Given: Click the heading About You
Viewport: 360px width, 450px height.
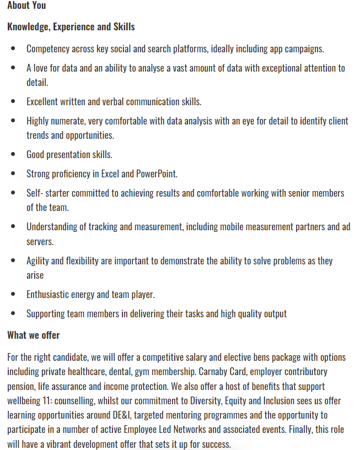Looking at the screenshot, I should coord(26,6).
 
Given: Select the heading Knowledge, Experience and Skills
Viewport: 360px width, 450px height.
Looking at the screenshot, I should coord(71,26).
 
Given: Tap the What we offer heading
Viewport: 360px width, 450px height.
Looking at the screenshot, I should coord(33,335).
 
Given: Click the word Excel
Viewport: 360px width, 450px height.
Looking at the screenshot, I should coord(110,174).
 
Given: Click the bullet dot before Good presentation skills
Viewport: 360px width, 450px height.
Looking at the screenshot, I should coord(13,155).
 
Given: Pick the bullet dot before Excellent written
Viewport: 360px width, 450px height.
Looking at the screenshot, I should coord(13,102).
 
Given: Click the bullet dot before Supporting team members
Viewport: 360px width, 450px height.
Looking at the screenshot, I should coord(13,313).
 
